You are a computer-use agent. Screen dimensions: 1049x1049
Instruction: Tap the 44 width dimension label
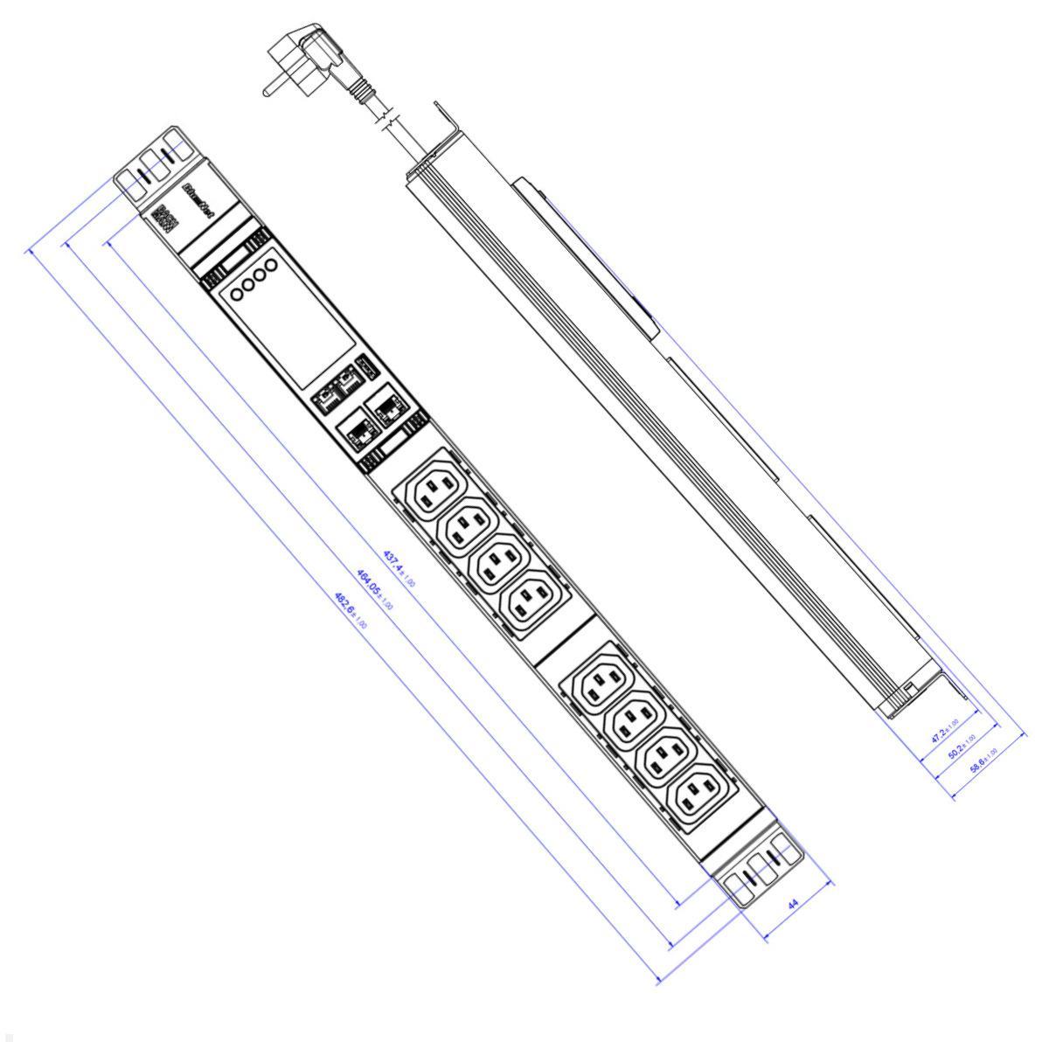(x=794, y=907)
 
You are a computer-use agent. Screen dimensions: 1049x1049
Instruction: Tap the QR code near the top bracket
(x=165, y=216)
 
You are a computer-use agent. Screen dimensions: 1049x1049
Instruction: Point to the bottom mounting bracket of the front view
(x=761, y=871)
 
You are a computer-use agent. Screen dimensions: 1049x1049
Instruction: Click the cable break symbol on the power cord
(x=388, y=119)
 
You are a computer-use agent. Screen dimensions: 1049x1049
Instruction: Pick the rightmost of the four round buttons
(x=271, y=264)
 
